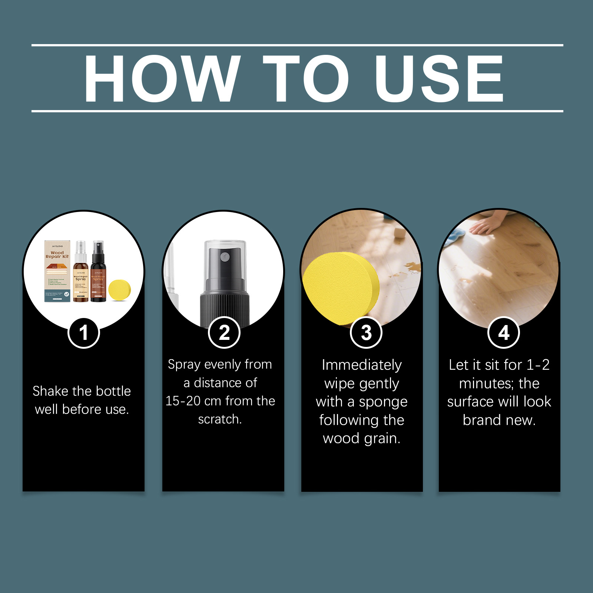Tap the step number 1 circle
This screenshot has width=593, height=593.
point(84,332)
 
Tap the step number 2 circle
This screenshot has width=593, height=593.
point(224,332)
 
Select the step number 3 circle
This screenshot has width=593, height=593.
point(366,332)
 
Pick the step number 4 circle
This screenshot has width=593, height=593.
point(503,332)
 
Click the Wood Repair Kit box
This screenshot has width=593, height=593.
point(57,271)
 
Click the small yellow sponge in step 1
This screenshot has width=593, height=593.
point(120,290)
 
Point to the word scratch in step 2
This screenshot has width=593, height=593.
point(219,419)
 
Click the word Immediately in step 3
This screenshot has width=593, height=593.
point(361,365)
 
